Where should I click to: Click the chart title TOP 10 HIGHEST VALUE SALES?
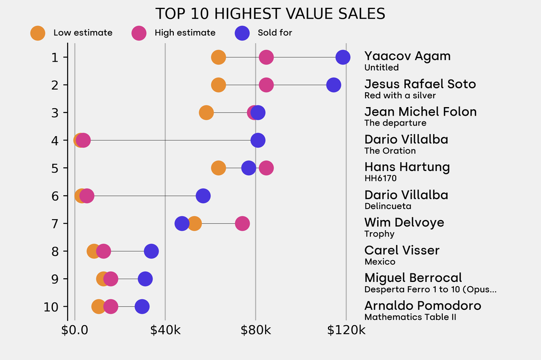[270, 14]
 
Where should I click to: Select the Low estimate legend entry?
[72, 33]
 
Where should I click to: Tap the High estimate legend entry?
[174, 33]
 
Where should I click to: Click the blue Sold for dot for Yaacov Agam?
[343, 57]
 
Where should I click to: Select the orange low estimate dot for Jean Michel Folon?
[206, 112]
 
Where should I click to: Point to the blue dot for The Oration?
[258, 140]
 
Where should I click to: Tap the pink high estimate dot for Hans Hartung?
[266, 168]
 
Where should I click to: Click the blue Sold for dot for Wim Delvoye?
[182, 223]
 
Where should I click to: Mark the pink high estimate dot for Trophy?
[242, 223]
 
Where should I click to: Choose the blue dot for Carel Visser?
[151, 251]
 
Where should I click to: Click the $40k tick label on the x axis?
[165, 330]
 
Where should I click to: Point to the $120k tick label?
[346, 330]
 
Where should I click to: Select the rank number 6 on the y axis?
[55, 196]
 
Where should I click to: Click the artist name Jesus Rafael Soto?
[420, 84]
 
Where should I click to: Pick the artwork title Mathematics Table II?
[410, 317]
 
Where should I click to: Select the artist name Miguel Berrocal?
[413, 278]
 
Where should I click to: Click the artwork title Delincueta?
[388, 206]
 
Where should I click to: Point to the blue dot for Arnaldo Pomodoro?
[142, 307]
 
